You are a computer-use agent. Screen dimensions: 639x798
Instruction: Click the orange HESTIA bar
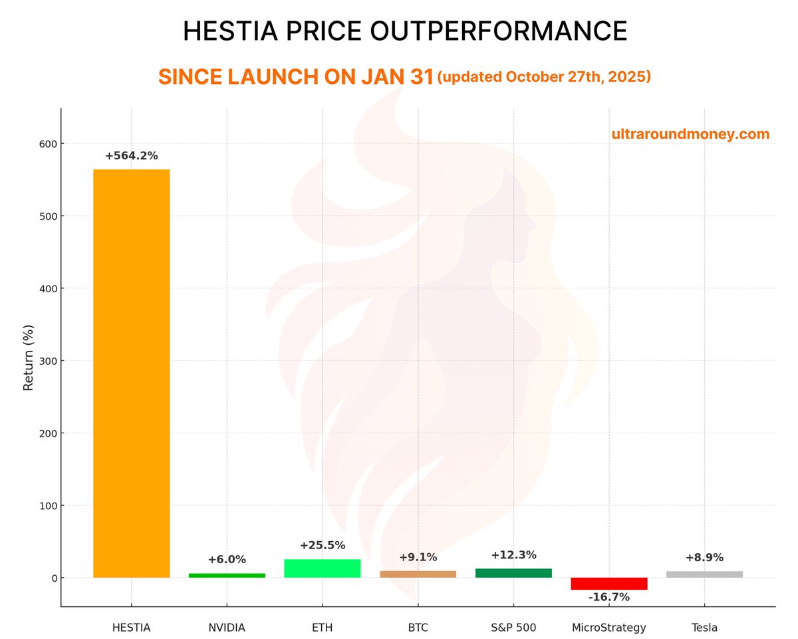click(x=131, y=373)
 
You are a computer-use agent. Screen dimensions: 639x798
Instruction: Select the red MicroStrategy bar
click(x=609, y=584)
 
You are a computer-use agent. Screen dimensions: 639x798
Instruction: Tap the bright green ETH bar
click(x=323, y=568)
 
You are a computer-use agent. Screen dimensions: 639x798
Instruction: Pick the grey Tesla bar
click(x=704, y=574)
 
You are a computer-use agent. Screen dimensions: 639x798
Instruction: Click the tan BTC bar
click(x=418, y=574)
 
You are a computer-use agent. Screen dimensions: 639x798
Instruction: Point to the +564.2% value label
click(x=131, y=156)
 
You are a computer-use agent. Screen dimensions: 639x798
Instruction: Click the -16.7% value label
click(x=608, y=597)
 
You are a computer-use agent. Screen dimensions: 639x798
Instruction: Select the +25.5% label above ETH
click(x=323, y=545)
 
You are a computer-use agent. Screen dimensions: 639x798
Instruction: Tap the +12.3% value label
click(x=513, y=555)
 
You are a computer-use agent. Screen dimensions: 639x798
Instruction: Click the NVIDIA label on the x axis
click(x=227, y=627)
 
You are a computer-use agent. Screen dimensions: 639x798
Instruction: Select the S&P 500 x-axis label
click(x=513, y=627)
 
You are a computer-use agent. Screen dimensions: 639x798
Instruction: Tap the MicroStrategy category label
click(x=609, y=627)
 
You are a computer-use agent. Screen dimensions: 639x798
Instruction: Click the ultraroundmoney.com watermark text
click(x=690, y=134)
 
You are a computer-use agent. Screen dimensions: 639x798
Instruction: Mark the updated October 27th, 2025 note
click(x=544, y=77)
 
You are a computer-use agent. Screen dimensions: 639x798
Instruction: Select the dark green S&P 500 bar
click(x=513, y=573)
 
